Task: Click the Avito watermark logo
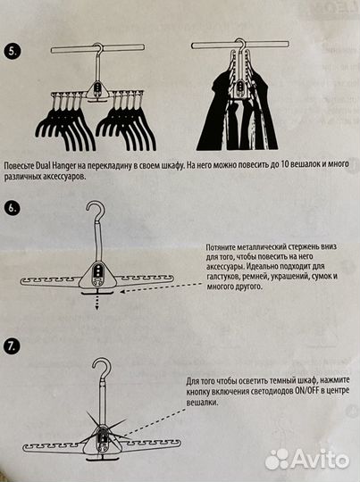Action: point(308,458)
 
